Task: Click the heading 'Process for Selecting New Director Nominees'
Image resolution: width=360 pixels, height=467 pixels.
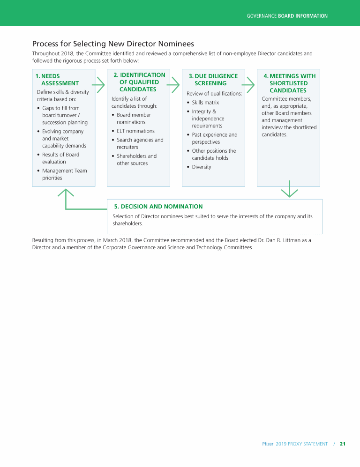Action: coord(113,44)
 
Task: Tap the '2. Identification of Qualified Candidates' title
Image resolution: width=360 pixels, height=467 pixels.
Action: coord(139,82)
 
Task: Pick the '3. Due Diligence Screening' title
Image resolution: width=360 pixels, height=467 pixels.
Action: coord(213,80)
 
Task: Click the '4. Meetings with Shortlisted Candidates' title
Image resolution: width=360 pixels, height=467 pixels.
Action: coord(288,83)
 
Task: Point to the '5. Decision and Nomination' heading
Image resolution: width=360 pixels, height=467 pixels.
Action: coord(158,207)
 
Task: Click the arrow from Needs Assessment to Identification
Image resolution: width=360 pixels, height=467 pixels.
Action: coord(99,85)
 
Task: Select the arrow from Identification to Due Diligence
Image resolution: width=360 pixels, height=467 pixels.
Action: coord(173,85)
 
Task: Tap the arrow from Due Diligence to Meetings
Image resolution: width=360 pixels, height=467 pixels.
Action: coord(248,85)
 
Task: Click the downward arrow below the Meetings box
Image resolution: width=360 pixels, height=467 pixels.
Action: coord(290,189)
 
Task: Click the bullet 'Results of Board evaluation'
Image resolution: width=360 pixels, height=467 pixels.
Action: coord(60,158)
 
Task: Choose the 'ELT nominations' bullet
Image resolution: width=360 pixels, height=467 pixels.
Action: coord(135,131)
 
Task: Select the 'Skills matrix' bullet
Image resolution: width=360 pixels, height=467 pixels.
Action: coord(205,103)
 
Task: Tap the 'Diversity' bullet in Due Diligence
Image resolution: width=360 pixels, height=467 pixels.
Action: coord(202,167)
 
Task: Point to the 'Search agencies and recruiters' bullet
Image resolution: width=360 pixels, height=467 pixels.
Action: coord(140,143)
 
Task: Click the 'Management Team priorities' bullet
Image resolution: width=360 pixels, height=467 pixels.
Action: coord(64,174)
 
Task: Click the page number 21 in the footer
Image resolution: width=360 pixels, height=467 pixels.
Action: coord(342,444)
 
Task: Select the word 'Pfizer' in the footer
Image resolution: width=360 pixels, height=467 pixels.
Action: coord(267,444)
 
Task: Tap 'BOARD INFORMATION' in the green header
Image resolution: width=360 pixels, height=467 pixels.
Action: coord(302,16)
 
